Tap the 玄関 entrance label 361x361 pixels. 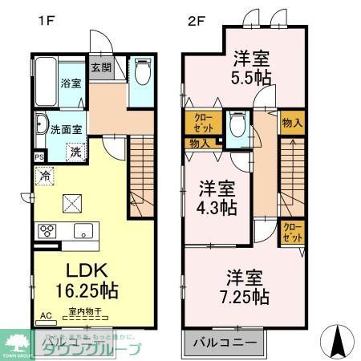coord(100,68)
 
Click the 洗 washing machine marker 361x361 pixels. coord(75,152)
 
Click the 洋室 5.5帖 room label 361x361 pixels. coord(252,65)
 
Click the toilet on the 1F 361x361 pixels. coord(142,73)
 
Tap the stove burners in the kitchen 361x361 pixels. coord(47,231)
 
